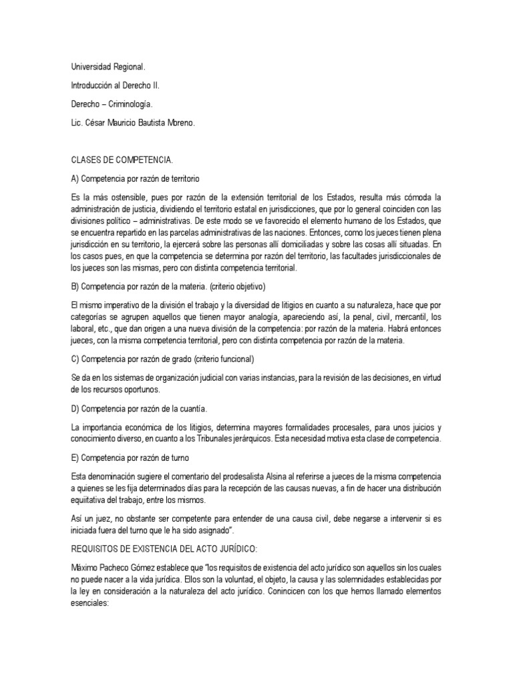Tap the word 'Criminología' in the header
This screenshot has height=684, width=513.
pos(132,104)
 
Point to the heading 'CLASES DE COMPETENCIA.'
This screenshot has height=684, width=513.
pos(121,160)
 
